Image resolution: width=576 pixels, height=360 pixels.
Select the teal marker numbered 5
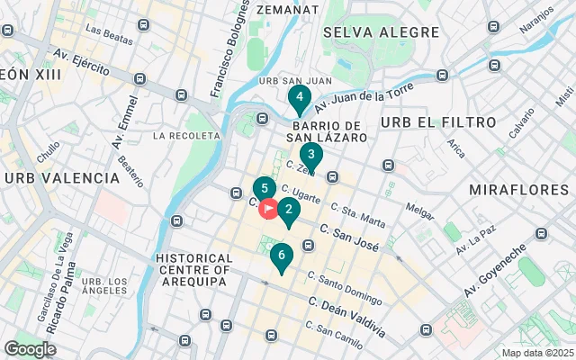pyautogui.click(x=264, y=189)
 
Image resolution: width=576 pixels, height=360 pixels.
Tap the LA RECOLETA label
pyautogui.click(x=186, y=136)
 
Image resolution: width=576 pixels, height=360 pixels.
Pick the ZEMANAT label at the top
pyautogui.click(x=287, y=9)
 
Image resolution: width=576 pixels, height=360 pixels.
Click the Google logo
pyautogui.click(x=31, y=349)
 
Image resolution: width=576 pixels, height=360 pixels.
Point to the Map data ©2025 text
pyautogui.click(x=536, y=353)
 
